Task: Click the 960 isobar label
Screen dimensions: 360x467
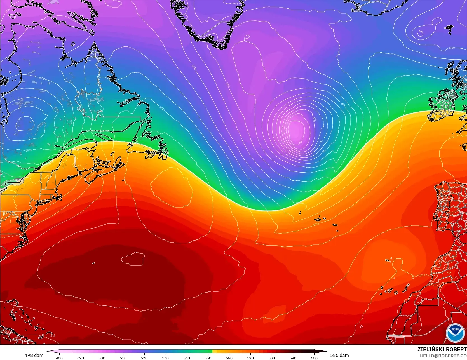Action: click(301, 142)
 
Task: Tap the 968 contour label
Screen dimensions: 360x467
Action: click(315, 120)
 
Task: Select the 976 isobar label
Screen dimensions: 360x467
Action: click(321, 142)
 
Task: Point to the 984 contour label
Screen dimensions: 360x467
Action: click(324, 151)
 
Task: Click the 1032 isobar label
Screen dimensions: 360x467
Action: click(185, 178)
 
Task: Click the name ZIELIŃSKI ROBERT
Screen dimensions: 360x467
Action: click(442, 350)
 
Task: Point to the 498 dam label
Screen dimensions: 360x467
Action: click(34, 355)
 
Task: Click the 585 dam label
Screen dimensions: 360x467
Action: click(339, 355)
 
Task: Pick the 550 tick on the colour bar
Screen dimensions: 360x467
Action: click(208, 358)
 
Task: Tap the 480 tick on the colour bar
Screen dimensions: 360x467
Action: click(59, 358)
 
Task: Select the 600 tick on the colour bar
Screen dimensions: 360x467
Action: click(314, 358)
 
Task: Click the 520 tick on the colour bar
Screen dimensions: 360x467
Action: click(144, 358)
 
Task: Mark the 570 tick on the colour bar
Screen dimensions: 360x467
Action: click(250, 358)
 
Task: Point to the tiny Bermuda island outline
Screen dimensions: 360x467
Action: click(93, 263)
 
